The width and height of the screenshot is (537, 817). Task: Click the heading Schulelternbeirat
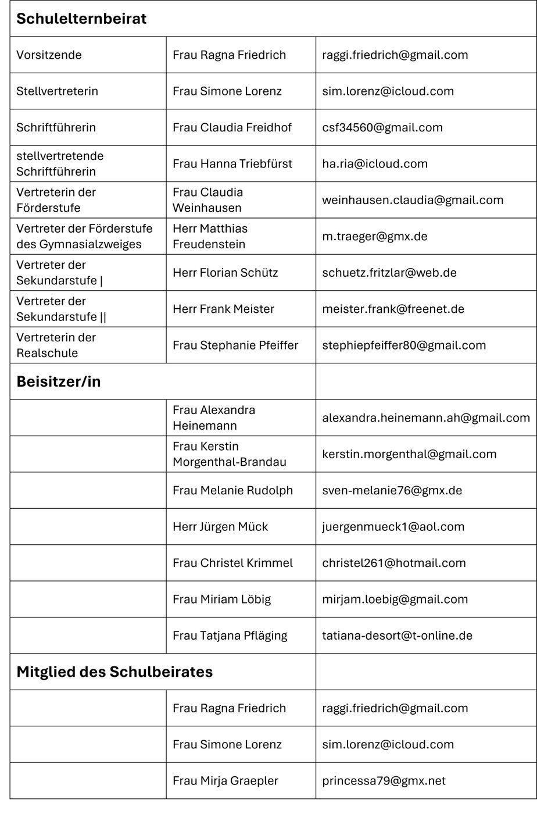[x=81, y=19]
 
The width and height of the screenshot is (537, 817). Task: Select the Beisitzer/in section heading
[x=58, y=381]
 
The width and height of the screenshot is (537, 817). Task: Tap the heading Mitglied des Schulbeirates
[x=114, y=672]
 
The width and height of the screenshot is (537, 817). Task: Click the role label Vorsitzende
[x=49, y=55]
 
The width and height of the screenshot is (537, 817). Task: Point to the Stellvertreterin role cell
[x=57, y=91]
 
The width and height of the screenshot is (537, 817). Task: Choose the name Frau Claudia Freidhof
[x=232, y=127]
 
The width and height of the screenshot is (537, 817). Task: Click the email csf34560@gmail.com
[x=382, y=127]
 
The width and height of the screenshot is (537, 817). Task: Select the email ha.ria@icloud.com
[x=375, y=163]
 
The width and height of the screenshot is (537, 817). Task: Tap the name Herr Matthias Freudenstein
[x=210, y=236]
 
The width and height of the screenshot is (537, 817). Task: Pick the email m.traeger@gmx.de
[x=375, y=236]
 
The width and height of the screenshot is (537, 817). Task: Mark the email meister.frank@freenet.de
[x=393, y=309]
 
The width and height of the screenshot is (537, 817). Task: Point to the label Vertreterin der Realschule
[x=56, y=345]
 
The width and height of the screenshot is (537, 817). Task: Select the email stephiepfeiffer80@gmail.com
[x=404, y=345]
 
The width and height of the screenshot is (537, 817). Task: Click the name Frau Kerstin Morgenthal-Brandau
[x=230, y=454]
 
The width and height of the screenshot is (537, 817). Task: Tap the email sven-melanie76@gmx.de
[x=392, y=490]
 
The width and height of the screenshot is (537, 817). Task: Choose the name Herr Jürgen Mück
[x=220, y=527]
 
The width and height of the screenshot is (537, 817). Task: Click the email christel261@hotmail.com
[x=394, y=563]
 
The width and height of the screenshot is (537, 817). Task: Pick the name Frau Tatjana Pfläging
[x=230, y=636]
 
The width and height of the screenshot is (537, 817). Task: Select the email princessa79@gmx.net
[x=384, y=780]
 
